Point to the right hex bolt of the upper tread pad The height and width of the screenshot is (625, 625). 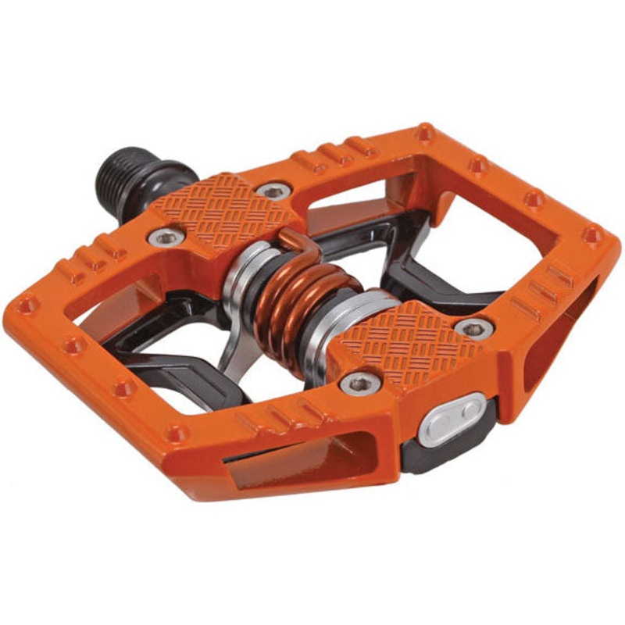273,190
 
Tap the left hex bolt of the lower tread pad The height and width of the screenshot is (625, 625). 360,383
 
